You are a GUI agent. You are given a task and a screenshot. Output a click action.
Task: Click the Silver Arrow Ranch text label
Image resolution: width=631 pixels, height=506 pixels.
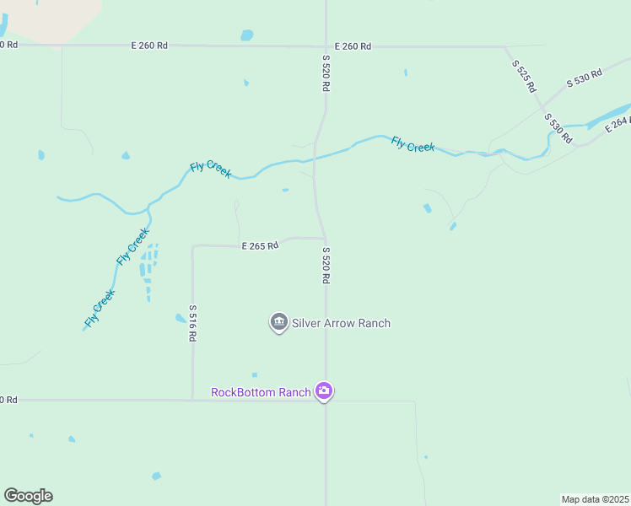coord(341,323)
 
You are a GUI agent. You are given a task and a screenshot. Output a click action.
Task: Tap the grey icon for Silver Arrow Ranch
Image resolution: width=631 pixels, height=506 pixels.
coord(278,322)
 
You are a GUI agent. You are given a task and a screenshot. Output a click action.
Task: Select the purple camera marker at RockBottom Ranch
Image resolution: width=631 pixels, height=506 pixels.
coord(324,391)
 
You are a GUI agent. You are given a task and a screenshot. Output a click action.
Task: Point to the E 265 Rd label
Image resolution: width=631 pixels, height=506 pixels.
coord(259,246)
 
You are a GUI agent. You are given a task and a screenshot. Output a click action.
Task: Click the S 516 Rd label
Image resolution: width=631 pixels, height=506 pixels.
coord(192,323)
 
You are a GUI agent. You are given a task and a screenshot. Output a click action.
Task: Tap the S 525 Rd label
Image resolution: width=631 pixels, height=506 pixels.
coord(523,75)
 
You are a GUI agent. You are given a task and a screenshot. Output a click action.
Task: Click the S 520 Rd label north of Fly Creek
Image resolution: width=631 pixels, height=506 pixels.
coord(325,73)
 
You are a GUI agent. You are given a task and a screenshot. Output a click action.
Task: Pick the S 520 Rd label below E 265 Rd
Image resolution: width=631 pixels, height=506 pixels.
coord(325,265)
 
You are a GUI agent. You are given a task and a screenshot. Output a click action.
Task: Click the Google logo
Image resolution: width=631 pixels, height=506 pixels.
coord(28,496)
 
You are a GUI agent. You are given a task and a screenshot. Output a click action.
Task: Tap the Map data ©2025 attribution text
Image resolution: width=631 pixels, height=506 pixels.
coord(595,499)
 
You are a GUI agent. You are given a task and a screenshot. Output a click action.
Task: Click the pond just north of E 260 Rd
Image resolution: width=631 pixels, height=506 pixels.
coord(246,35)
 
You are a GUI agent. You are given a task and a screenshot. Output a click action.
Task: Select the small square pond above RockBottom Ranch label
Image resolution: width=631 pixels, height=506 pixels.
coord(254,375)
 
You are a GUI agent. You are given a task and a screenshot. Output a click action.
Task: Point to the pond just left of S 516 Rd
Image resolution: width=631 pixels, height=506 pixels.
coord(180,318)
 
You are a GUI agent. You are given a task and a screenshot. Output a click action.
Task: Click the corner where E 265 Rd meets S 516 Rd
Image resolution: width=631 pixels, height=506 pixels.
coord(193,246)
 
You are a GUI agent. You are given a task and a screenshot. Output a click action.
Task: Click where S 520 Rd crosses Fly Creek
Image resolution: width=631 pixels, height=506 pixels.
coord(314,157)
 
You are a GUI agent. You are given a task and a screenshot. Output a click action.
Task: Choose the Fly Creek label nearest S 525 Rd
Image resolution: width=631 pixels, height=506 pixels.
coord(413,145)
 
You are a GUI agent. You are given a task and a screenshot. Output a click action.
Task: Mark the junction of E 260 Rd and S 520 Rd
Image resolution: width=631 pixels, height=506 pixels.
coord(326,46)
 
